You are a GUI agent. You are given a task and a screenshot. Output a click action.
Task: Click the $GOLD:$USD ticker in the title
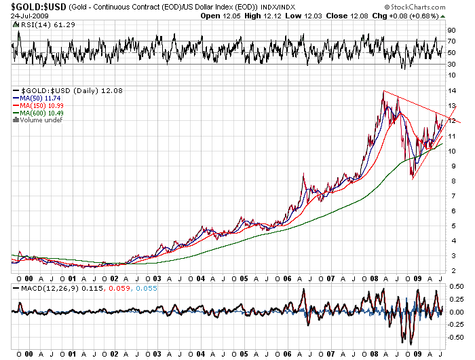pyautogui.click(x=34, y=7)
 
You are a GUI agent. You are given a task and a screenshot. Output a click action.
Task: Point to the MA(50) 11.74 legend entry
pyautogui.click(x=41, y=98)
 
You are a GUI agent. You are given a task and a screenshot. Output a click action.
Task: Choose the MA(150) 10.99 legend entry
pyautogui.click(x=42, y=106)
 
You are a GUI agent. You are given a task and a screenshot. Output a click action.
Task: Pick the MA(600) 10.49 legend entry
pyautogui.click(x=42, y=113)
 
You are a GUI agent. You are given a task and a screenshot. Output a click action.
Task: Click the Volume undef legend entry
pyautogui.click(x=42, y=121)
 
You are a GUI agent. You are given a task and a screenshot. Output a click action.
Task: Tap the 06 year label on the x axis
pyautogui.click(x=288, y=278)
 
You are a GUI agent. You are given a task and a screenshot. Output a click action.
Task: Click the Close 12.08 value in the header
pyautogui.click(x=381, y=16)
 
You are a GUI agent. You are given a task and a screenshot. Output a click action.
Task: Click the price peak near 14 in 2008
pyautogui.click(x=383, y=91)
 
